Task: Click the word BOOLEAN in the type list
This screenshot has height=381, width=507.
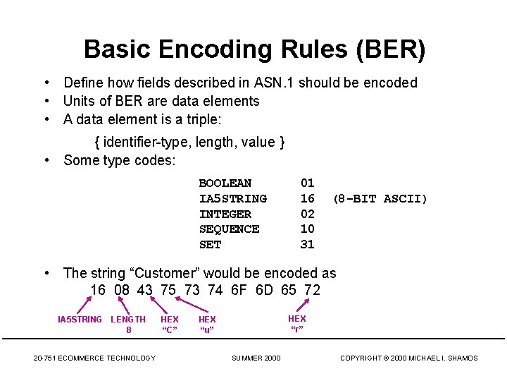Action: [225, 183]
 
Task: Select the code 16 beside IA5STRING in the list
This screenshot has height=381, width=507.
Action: [308, 198]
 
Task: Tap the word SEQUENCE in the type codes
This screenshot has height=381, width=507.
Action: [229, 229]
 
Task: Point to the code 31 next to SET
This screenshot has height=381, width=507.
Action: [308, 245]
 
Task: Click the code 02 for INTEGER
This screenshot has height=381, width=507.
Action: [308, 214]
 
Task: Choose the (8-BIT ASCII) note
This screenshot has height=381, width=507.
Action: [380, 198]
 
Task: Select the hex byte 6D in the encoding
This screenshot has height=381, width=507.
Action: [263, 290]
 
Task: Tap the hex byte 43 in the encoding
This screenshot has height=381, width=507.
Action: [145, 290]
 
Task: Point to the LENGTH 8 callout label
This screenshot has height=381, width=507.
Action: [128, 325]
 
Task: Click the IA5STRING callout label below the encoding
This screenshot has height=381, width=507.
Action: [80, 320]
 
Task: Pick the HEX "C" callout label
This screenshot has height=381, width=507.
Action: [170, 325]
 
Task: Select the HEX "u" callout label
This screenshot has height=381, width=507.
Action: [207, 325]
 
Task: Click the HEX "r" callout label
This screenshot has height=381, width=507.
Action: [297, 324]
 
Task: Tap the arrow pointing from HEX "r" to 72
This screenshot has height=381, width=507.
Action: [304, 304]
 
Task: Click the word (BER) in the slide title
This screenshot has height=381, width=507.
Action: [391, 49]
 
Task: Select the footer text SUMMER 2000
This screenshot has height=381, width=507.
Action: [256, 358]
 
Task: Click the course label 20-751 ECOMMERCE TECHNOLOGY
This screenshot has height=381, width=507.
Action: [94, 358]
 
